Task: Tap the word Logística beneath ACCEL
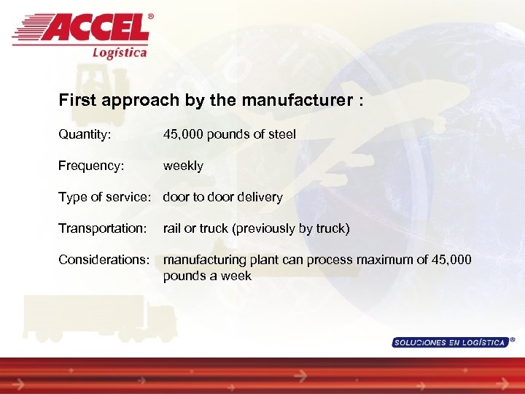(x=120, y=52)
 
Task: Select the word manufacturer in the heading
(x=292, y=100)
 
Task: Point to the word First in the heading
(x=76, y=100)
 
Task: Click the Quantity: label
(x=84, y=134)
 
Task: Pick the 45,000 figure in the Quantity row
(x=184, y=134)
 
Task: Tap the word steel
(x=281, y=134)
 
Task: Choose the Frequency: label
(x=91, y=166)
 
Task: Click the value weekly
(x=183, y=166)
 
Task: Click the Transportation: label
(x=103, y=228)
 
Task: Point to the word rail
(x=172, y=228)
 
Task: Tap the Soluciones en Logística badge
(x=450, y=342)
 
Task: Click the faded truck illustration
(x=98, y=317)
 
